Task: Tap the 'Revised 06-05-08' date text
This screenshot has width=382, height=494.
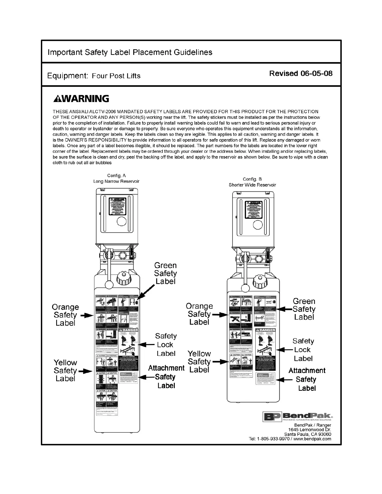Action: (301, 74)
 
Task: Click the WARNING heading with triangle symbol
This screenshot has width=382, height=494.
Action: (81, 99)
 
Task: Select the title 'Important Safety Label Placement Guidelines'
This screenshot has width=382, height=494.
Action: (130, 52)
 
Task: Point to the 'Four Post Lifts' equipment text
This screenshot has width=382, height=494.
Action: (116, 76)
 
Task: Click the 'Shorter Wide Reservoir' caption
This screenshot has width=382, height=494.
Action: (252, 185)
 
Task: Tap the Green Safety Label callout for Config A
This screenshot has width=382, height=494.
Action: (165, 273)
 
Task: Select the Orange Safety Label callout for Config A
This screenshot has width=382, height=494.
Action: (65, 315)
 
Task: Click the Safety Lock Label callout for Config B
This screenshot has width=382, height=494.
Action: (303, 350)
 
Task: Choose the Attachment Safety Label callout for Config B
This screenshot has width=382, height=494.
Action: (306, 379)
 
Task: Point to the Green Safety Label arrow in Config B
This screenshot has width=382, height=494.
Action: (285, 309)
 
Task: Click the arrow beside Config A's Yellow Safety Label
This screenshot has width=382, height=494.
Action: (86, 371)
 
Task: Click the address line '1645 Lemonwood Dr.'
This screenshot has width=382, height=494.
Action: (310, 430)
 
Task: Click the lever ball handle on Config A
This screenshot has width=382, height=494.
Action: (109, 284)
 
